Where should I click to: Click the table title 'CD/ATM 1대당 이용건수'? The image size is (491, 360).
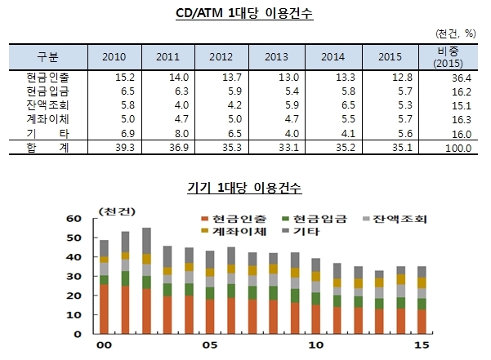[244, 13]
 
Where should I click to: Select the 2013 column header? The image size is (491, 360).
[276, 57]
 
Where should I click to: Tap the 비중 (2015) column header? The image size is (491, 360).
[448, 57]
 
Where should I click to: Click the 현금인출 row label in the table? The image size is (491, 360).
[47, 77]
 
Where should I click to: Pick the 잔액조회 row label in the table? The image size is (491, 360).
[47, 104]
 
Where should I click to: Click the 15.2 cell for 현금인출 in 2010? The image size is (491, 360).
[125, 78]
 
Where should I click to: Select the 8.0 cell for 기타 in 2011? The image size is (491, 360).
[181, 134]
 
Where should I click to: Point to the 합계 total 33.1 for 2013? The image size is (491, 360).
[288, 147]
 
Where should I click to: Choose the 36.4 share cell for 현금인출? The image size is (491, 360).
[462, 78]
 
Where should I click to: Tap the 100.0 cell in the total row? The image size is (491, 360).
[458, 148]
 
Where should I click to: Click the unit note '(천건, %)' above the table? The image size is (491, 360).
[456, 33]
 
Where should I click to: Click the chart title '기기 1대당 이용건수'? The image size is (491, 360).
[244, 188]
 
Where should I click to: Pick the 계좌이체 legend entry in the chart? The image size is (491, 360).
[234, 231]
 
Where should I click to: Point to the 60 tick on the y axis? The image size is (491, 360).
[74, 218]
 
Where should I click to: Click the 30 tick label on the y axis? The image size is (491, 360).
[74, 276]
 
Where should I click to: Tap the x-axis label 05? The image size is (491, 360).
[210, 345]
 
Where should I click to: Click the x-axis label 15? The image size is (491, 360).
[422, 345]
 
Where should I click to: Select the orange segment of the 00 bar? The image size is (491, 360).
[105, 309]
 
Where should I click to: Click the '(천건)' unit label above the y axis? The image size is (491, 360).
[117, 211]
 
